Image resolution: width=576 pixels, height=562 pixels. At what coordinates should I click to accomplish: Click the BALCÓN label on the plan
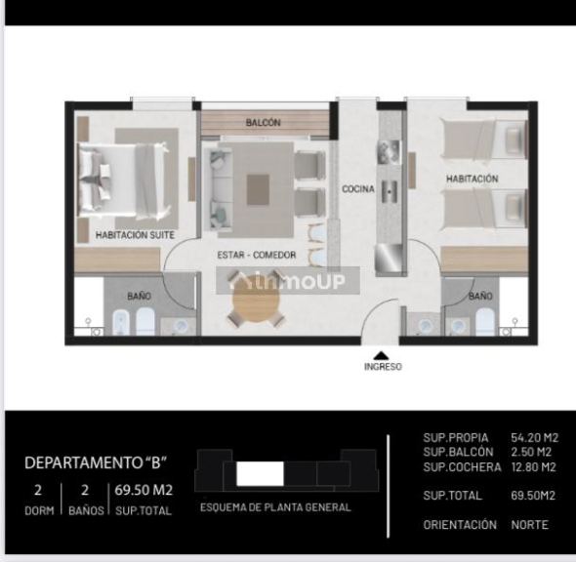click(x=264, y=123)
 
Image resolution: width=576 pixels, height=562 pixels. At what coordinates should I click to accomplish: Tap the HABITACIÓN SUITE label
click(x=135, y=235)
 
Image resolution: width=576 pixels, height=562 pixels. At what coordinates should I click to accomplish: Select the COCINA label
click(x=357, y=189)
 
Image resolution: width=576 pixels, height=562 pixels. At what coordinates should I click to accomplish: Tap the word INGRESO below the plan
click(x=382, y=368)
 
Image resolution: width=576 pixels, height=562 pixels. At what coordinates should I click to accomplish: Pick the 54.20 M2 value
click(x=533, y=438)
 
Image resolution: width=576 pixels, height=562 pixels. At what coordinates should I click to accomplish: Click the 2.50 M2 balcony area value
click(x=530, y=453)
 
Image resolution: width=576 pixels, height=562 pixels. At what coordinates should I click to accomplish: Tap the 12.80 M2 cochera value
click(x=533, y=467)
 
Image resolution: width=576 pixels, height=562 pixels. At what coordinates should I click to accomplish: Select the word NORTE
click(x=530, y=525)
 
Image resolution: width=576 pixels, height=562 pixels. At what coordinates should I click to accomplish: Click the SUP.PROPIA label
click(x=456, y=438)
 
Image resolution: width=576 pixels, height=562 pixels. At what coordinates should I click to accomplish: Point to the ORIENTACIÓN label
click(x=461, y=525)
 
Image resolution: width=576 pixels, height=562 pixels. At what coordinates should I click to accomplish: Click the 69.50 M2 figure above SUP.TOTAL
click(x=144, y=490)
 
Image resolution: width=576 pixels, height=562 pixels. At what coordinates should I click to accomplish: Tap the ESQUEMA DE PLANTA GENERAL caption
click(x=275, y=507)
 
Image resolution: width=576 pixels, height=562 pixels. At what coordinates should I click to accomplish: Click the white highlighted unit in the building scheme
click(x=260, y=474)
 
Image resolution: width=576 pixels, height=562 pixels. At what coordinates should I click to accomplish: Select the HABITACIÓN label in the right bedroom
click(x=473, y=180)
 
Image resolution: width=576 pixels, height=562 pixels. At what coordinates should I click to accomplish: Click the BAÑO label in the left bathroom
click(x=140, y=295)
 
